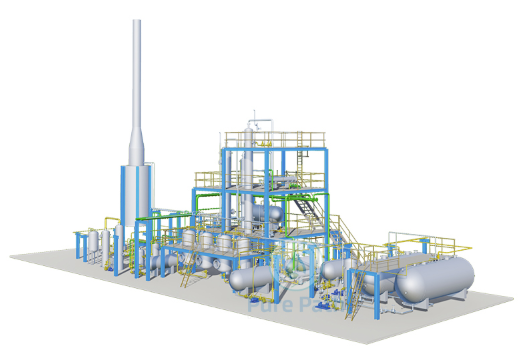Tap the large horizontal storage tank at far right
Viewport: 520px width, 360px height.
(x=432, y=279)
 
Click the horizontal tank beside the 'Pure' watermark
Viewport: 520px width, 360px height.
(x=250, y=279)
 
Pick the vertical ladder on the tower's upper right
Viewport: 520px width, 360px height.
(x=320, y=160)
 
